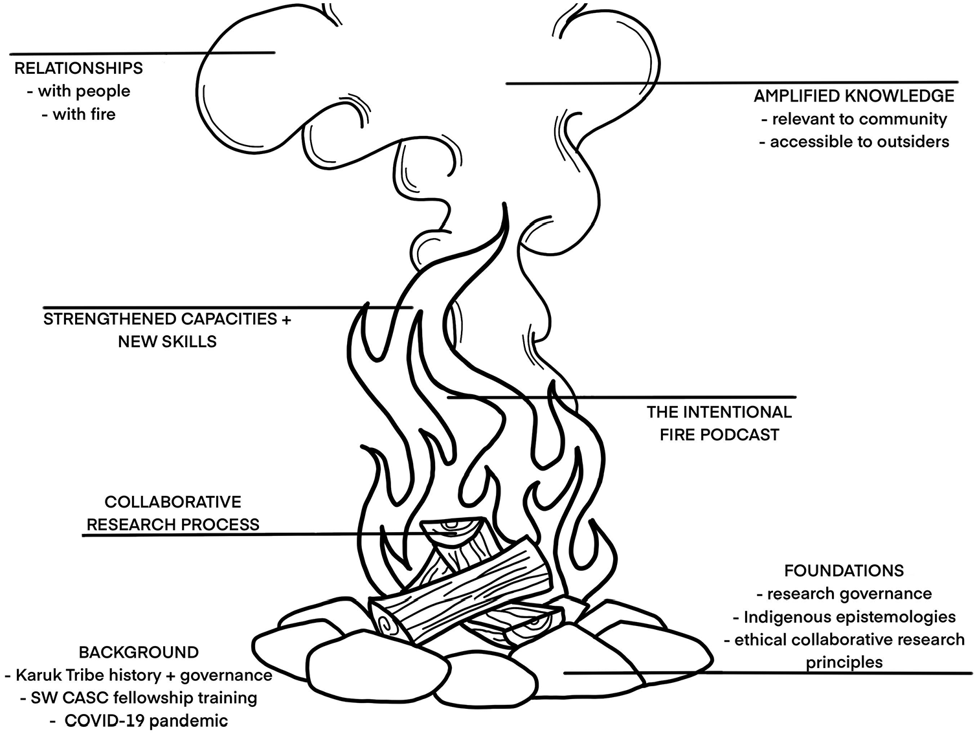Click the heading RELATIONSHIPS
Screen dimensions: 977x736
coord(79,68)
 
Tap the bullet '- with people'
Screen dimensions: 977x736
coord(79,91)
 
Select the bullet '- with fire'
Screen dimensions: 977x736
coord(79,115)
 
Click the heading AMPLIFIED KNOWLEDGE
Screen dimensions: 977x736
coord(854,96)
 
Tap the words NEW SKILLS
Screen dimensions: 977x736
coord(167,342)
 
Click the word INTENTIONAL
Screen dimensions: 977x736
coord(738,412)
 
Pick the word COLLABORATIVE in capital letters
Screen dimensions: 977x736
coord(173,502)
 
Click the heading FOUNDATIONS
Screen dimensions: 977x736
coord(844,570)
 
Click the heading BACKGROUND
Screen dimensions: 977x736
coord(139,652)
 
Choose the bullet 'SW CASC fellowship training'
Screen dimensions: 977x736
coord(139,698)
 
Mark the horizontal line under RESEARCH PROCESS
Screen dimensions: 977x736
coord(254,535)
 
